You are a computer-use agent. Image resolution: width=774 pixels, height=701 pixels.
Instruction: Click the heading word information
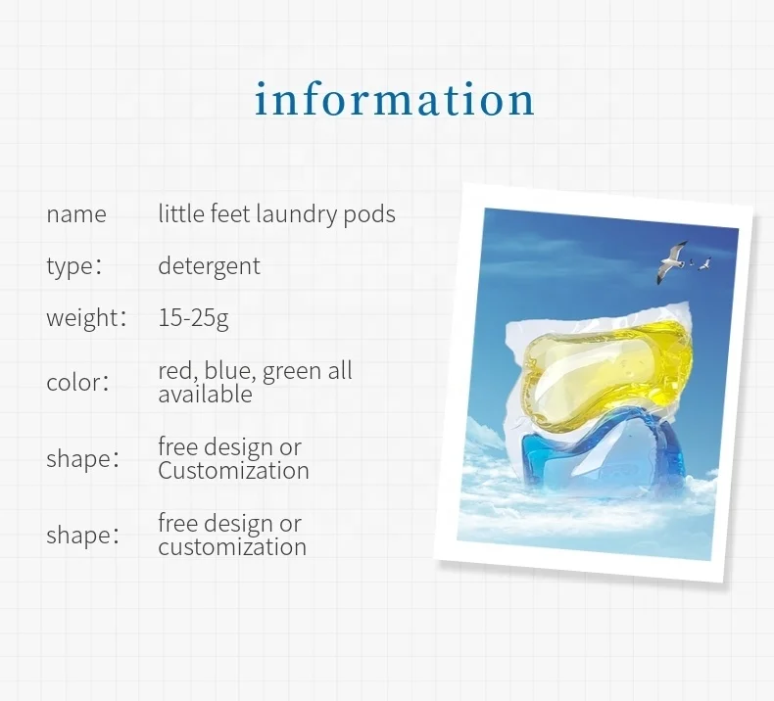(395, 100)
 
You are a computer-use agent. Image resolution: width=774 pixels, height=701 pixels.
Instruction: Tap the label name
(76, 214)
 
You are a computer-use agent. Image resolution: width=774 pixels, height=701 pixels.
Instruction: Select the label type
(69, 266)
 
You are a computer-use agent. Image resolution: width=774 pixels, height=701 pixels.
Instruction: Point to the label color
(72, 383)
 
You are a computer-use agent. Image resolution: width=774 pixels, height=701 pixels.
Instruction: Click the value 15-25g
(193, 318)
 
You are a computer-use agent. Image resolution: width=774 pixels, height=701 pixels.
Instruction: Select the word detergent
(209, 266)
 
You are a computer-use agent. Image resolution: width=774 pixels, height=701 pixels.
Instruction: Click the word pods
(369, 214)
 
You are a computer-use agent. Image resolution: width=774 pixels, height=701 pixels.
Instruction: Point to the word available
(205, 395)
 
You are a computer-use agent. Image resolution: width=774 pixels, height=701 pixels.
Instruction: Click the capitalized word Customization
(233, 471)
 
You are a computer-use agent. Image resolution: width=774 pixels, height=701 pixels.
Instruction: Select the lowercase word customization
(231, 547)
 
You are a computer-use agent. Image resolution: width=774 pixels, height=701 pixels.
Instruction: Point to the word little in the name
(180, 214)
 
